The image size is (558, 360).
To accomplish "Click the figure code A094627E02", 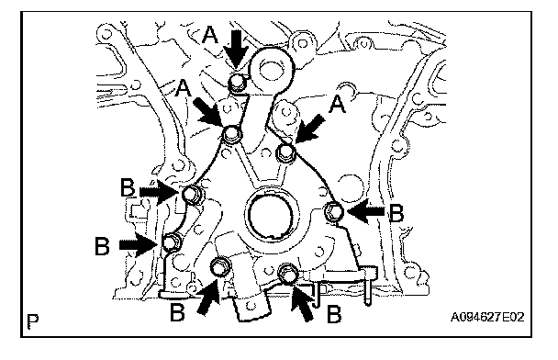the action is pos(487,317).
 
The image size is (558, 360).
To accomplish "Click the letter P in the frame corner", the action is pos(33,321).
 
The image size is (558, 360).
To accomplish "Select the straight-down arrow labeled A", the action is pos(237,49).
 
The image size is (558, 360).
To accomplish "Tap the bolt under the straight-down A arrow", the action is pos(236,83).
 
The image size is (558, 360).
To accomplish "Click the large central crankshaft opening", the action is pos(271,215).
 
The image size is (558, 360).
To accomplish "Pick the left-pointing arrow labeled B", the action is pos(366,212).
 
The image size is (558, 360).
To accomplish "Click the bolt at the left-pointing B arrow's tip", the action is pos(334,211).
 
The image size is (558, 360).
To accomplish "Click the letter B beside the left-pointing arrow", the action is pos(396,214).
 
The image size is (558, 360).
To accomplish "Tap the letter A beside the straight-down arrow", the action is pos(210,35).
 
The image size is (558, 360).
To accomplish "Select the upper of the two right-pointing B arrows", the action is pos(160,193).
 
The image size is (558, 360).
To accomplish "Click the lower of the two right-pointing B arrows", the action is pos(138,244).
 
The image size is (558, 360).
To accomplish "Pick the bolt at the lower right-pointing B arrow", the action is pos(172,242).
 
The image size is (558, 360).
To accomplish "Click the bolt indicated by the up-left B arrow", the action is pos(287,273).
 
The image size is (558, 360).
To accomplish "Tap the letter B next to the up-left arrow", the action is pos(334,315).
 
